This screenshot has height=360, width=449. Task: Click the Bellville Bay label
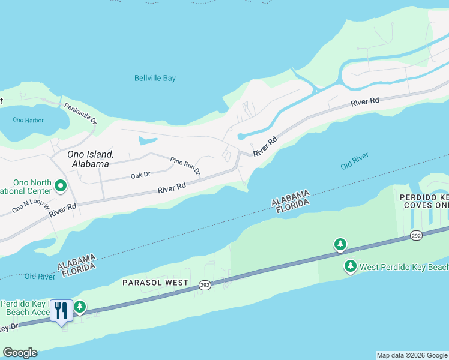pyautogui.click(x=155, y=78)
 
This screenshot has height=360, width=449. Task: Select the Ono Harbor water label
pyautogui.click(x=28, y=120)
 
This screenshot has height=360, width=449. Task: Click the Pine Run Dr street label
pyautogui.click(x=185, y=166)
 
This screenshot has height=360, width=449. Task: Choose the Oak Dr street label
pyautogui.click(x=140, y=176)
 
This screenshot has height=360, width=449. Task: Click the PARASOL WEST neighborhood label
pyautogui.click(x=155, y=282)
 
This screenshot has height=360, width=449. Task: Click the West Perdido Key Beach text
pyautogui.click(x=405, y=266)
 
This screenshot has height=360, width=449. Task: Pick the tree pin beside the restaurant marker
pyautogui.click(x=79, y=308)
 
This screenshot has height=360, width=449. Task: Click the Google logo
pyautogui.click(x=20, y=353)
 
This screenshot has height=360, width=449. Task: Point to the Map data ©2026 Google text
pyautogui.click(x=412, y=355)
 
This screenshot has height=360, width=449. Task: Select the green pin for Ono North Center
pyautogui.click(x=61, y=186)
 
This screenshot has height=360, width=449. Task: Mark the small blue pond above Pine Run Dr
pyautogui.click(x=147, y=141)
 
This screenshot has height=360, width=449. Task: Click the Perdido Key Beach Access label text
pyautogui.click(x=27, y=308)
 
